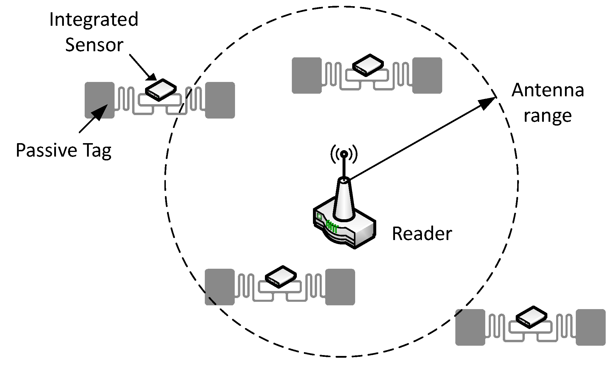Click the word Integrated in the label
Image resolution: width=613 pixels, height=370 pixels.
[94, 20]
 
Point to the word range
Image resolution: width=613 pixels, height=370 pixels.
[547, 116]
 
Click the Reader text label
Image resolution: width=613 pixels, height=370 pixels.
[422, 234]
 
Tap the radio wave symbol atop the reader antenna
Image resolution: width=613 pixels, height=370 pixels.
[344, 154]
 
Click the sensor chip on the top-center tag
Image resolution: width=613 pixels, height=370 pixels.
[368, 65]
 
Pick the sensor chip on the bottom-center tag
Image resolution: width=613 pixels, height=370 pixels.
[280, 277]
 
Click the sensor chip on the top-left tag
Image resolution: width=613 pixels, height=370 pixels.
[161, 90]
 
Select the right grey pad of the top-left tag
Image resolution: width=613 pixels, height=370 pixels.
[220, 100]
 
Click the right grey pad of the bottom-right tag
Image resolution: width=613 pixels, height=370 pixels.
[590, 327]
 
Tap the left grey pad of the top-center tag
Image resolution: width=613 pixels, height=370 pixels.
[306, 75]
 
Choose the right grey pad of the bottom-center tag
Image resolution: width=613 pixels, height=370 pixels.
[340, 287]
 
